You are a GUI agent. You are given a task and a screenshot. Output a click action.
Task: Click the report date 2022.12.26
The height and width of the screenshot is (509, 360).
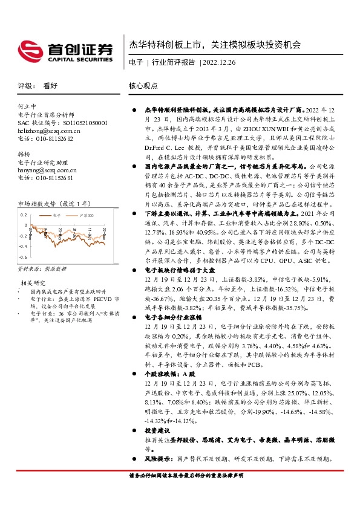[x=221, y=62]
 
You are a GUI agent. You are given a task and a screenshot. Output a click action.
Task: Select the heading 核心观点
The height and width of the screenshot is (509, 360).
[x=143, y=86]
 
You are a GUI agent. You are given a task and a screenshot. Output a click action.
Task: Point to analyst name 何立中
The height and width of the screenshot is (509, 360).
[x=28, y=106]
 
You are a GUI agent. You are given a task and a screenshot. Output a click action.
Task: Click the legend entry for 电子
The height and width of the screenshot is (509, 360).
[x=56, y=198]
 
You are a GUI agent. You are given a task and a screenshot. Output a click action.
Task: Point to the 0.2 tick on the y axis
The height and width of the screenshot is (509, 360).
[x=23, y=198]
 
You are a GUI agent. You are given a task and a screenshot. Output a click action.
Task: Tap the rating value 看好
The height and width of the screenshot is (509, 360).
[x=50, y=86]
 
